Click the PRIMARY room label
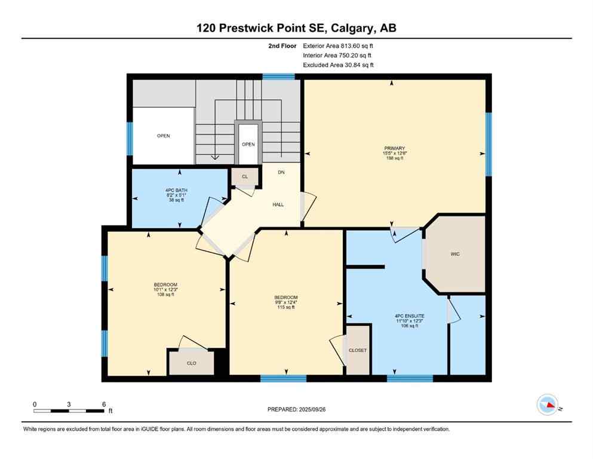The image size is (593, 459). point(395,148)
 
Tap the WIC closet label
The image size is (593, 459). point(455,254)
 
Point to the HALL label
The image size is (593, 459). point(278,204)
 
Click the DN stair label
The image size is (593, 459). point(281,172)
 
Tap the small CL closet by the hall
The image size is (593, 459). point(244,177)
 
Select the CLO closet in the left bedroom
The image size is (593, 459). point(191,363)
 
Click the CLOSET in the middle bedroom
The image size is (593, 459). point(358,350)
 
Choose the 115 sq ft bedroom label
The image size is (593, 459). point(285,302)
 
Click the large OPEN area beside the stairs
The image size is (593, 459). point(164,136)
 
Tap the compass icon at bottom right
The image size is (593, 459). point(548,405)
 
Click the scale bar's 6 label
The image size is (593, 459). point(104,404)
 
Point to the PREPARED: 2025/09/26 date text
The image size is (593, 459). point(297,409)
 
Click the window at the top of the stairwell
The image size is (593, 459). point(279,76)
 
